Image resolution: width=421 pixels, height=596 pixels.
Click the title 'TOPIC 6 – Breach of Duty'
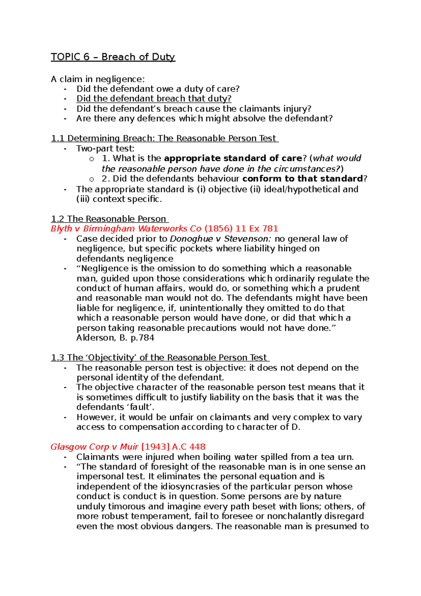click(113, 57)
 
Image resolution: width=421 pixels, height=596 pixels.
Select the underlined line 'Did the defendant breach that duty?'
click(154, 99)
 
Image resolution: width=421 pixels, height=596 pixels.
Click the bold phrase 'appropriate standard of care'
click(233, 158)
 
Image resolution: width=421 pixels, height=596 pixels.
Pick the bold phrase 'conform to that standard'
click(302, 179)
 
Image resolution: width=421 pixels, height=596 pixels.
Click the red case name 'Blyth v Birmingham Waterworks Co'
click(126, 229)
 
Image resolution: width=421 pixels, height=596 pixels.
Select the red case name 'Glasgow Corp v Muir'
click(94, 447)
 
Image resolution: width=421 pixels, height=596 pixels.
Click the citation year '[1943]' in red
click(155, 447)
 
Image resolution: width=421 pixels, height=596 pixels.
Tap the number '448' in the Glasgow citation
click(197, 447)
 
